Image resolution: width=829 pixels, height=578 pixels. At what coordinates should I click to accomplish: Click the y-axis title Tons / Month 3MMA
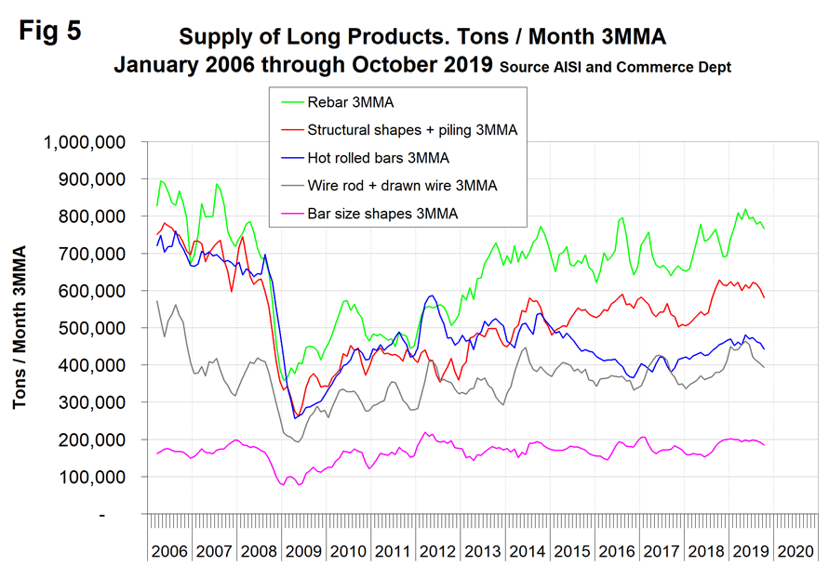click(x=20, y=328)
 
